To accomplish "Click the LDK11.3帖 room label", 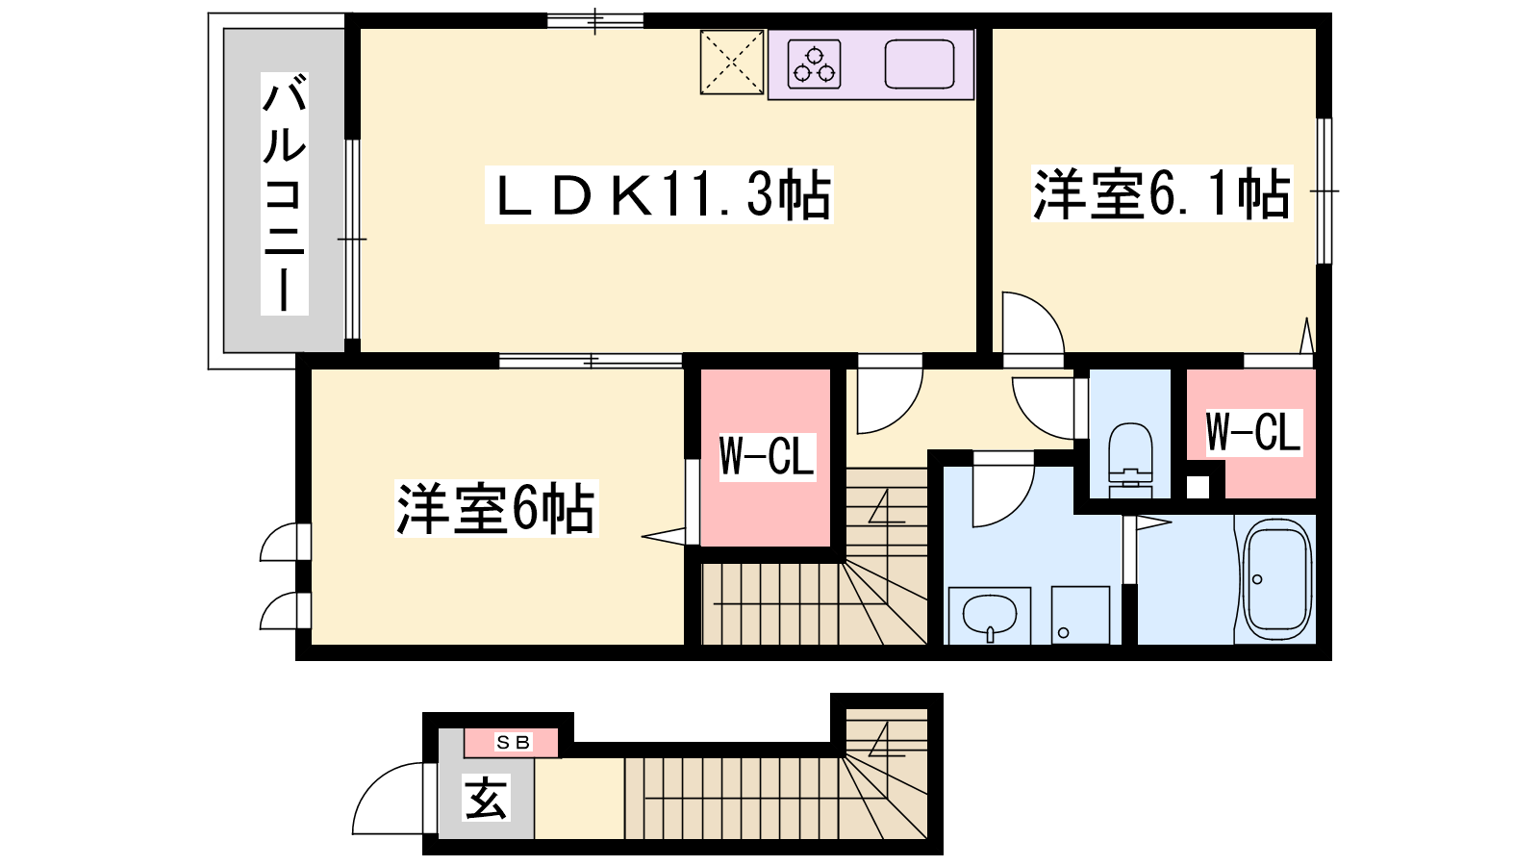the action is (659, 194).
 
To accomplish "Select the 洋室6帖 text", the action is (496, 509).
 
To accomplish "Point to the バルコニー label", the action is (284, 193).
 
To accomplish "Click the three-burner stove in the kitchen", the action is (814, 64).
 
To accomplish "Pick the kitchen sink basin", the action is (920, 64).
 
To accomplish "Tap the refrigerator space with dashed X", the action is (732, 62).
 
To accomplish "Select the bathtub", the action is (1275, 579).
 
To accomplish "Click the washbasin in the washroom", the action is (990, 615).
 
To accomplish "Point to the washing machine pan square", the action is (1080, 615).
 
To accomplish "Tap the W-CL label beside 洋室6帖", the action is (767, 456).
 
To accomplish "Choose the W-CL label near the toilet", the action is (1253, 432).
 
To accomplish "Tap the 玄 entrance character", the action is (487, 798).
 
